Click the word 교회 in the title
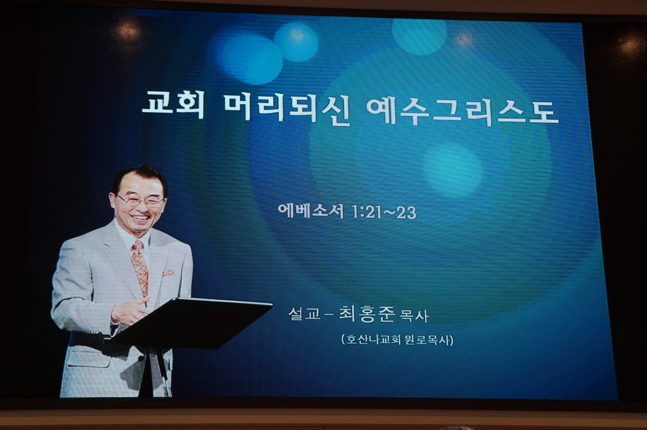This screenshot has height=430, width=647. click(x=173, y=106)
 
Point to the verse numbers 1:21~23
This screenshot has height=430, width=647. click(x=384, y=212)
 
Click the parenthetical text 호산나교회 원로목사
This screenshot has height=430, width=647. click(x=397, y=339)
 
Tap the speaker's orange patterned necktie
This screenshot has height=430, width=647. click(x=140, y=268)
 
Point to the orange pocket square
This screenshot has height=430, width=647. click(x=168, y=273)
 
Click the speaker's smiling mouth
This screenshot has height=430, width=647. click(x=140, y=218)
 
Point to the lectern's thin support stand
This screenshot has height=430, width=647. click(x=162, y=372)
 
